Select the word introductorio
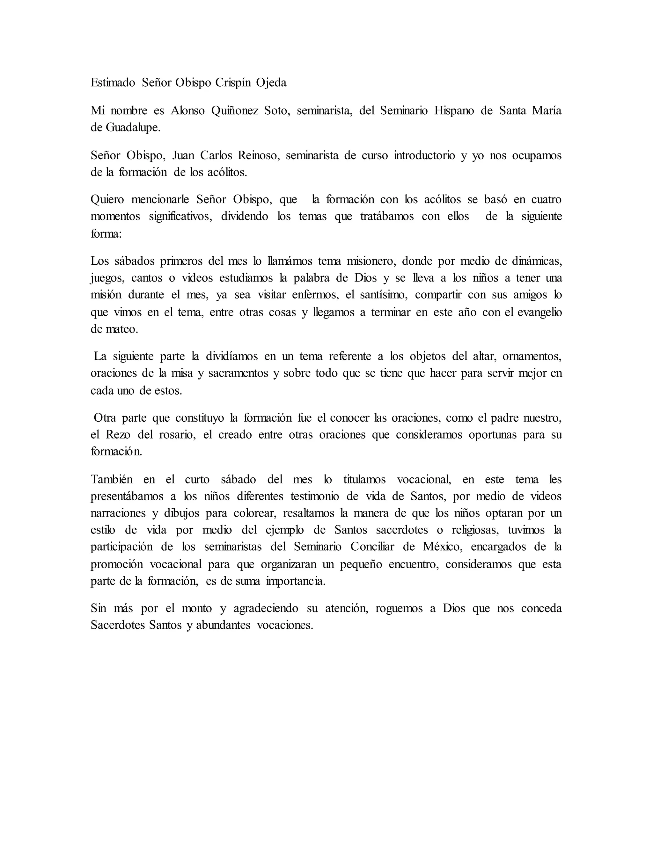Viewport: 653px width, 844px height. [424, 155]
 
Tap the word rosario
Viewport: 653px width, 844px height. [175, 434]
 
